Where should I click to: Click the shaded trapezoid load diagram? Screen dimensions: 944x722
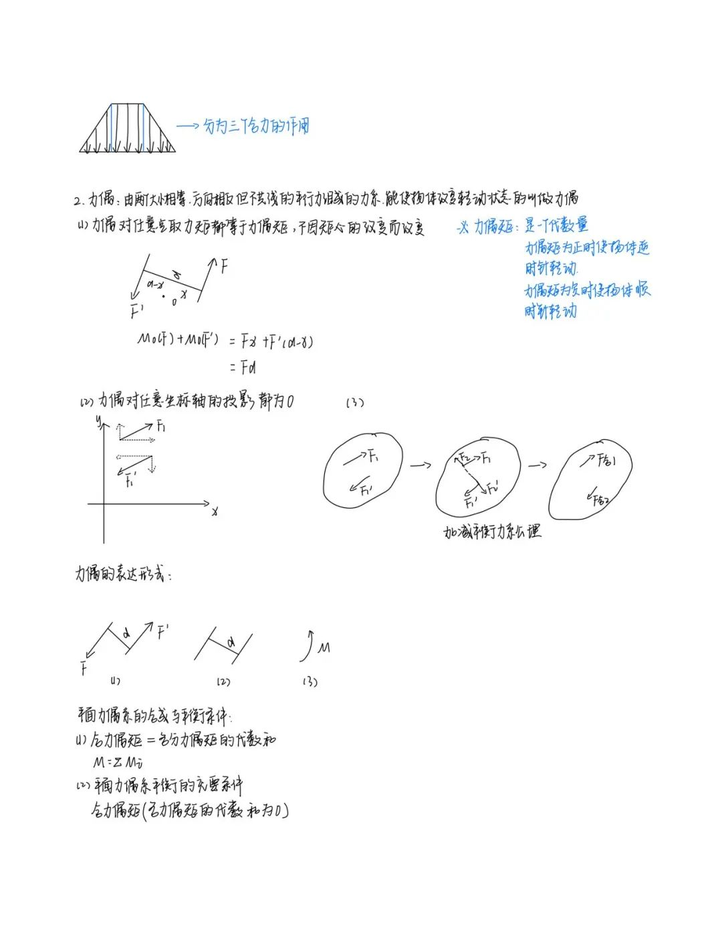[128, 129]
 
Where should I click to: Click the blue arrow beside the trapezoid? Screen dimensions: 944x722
[188, 126]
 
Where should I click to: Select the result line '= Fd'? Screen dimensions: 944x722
[243, 367]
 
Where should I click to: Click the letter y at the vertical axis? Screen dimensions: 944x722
[98, 421]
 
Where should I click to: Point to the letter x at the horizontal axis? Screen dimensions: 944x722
[215, 512]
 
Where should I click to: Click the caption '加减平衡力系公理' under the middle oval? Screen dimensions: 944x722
[491, 532]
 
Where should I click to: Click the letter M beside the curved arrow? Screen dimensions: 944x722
[324, 647]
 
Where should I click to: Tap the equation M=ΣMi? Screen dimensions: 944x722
[118, 761]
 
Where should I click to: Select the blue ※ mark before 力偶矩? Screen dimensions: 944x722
[462, 228]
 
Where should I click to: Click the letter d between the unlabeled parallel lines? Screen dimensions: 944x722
[231, 642]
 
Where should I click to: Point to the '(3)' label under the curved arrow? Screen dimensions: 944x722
[310, 682]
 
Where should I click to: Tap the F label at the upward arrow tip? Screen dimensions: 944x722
[224, 267]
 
